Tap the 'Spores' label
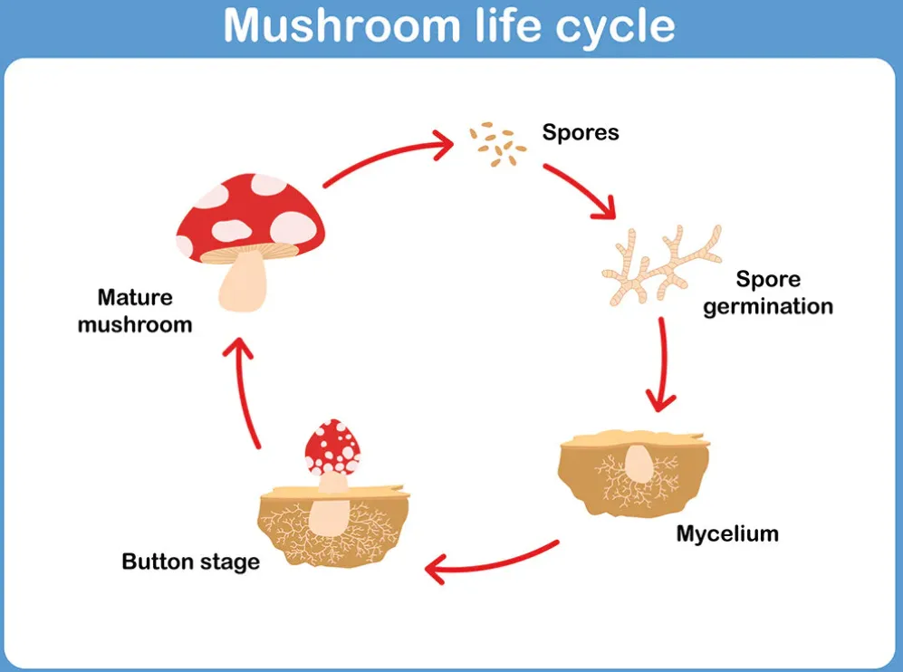coord(581,132)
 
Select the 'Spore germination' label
coord(768,293)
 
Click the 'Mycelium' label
coord(726,533)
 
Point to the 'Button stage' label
coord(190,562)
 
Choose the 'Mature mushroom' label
coord(135,311)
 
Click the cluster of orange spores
coord(497,146)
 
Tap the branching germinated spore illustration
coord(660,263)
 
